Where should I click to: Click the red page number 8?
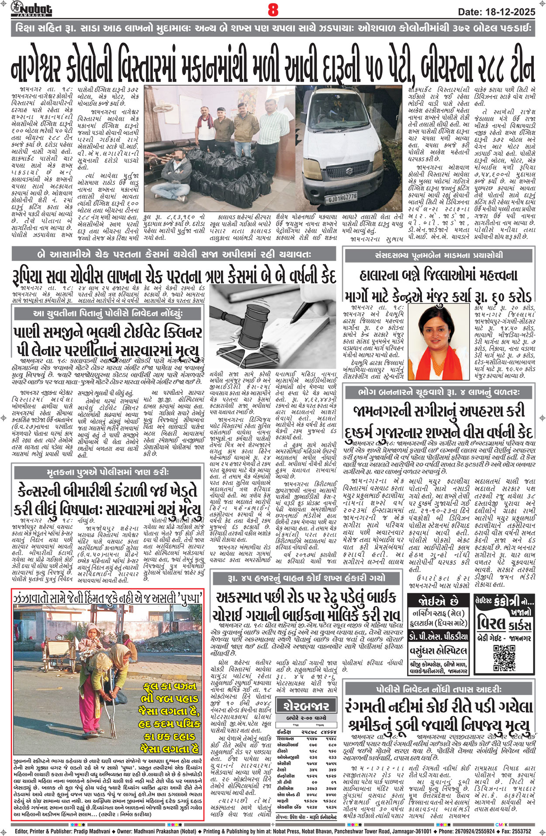[x=273, y=10]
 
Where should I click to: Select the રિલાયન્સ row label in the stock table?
[x=286, y=738]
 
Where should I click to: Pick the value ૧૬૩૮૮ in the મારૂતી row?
[x=330, y=801]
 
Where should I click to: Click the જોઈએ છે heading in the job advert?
[x=439, y=601]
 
